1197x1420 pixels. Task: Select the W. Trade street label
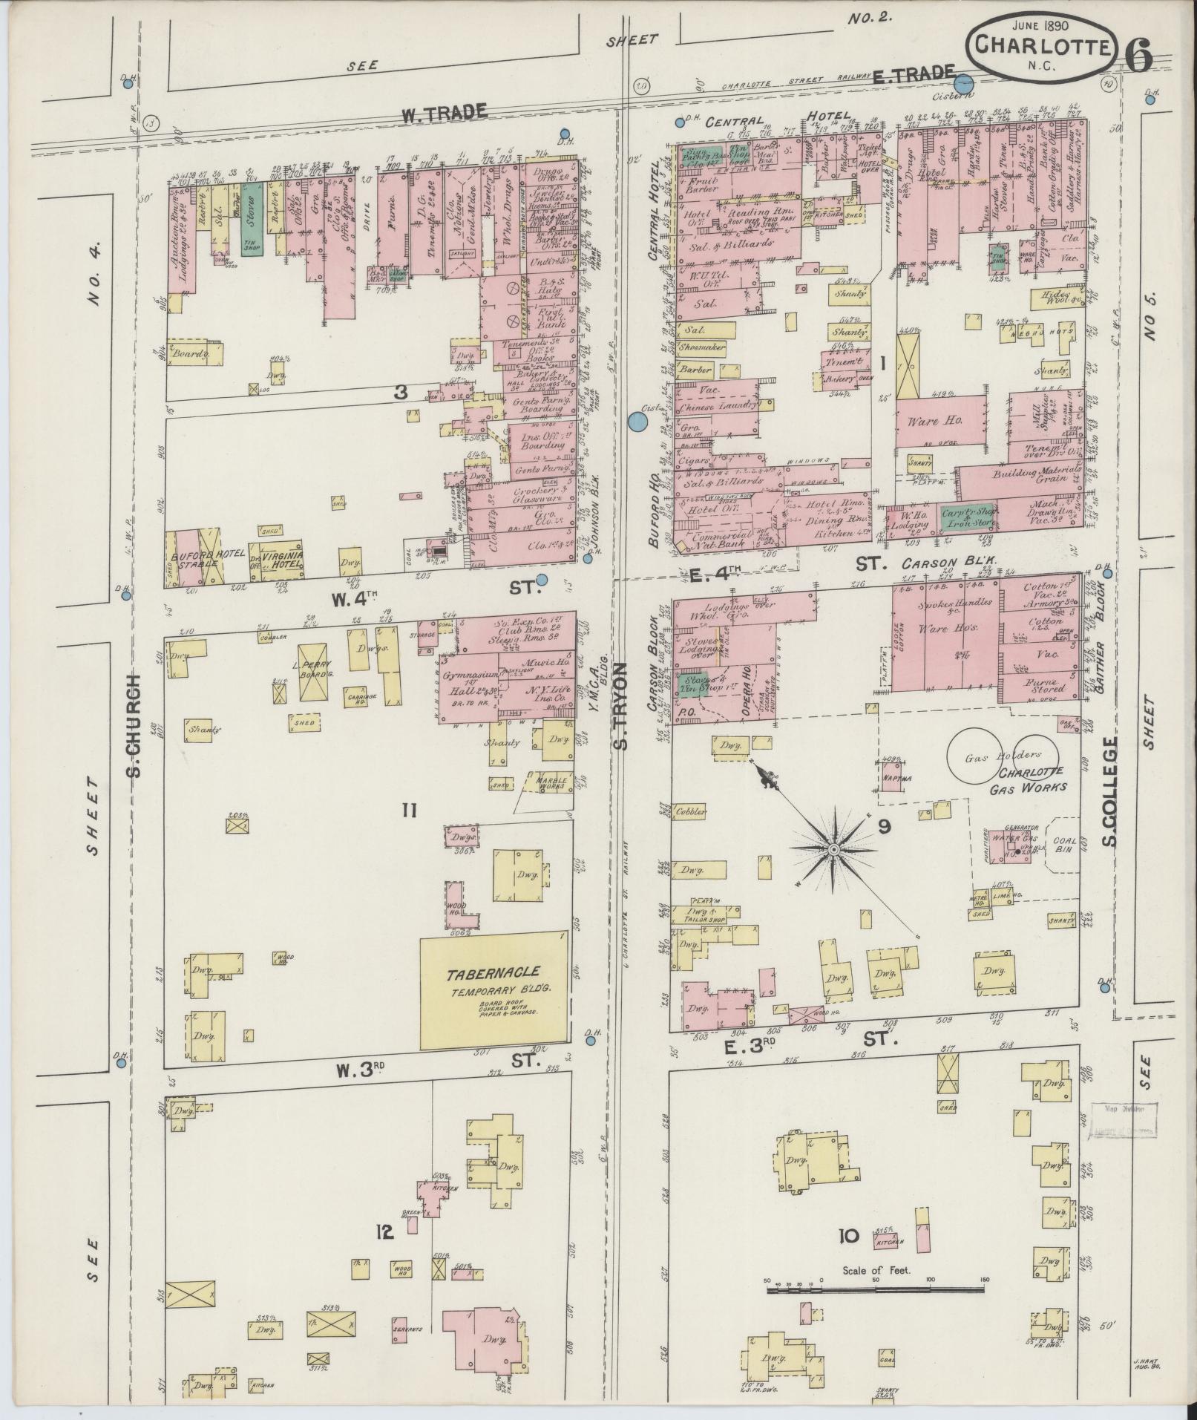(x=444, y=113)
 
